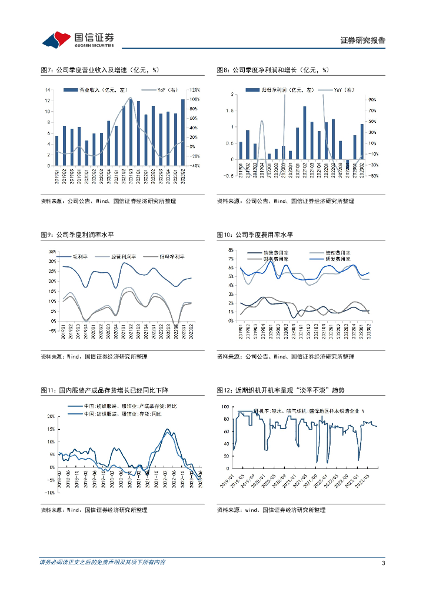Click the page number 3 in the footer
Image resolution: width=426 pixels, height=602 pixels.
coord(383,563)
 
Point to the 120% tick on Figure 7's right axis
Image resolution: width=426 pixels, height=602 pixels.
coord(194,90)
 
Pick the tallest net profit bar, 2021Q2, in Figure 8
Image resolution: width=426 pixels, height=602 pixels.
coord(305,133)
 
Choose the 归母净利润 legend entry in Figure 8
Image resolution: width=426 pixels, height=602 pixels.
coord(279,90)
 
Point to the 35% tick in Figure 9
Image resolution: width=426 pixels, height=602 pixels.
coord(51,251)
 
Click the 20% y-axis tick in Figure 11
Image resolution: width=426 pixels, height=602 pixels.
coord(51,416)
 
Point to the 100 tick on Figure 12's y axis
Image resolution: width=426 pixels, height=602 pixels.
coord(225,406)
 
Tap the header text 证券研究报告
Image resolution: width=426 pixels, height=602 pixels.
coord(363,41)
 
